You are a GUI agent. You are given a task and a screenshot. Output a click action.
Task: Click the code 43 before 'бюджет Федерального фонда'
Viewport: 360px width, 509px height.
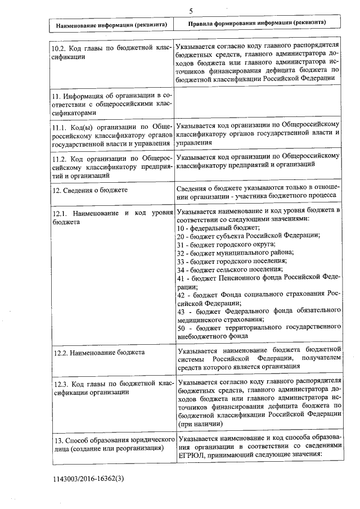pyautogui.click(x=181, y=310)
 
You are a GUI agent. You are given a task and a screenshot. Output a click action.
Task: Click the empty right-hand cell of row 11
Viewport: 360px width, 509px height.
pyautogui.click(x=258, y=102)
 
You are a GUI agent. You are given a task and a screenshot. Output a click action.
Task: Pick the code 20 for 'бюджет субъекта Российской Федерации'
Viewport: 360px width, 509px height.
pyautogui.click(x=181, y=236)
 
